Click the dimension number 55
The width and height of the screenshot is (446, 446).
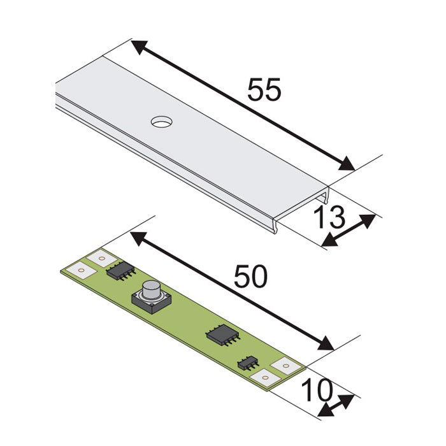264,89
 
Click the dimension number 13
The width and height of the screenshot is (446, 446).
329,217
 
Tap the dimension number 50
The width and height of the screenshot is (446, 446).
250,276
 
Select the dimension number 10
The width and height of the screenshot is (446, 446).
317,390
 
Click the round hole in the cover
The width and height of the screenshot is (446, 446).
162,122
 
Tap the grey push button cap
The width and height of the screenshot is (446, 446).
152,290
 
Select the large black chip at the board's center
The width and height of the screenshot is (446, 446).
222,335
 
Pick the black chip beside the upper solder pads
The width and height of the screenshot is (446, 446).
120,270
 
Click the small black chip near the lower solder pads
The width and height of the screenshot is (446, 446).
248,363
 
